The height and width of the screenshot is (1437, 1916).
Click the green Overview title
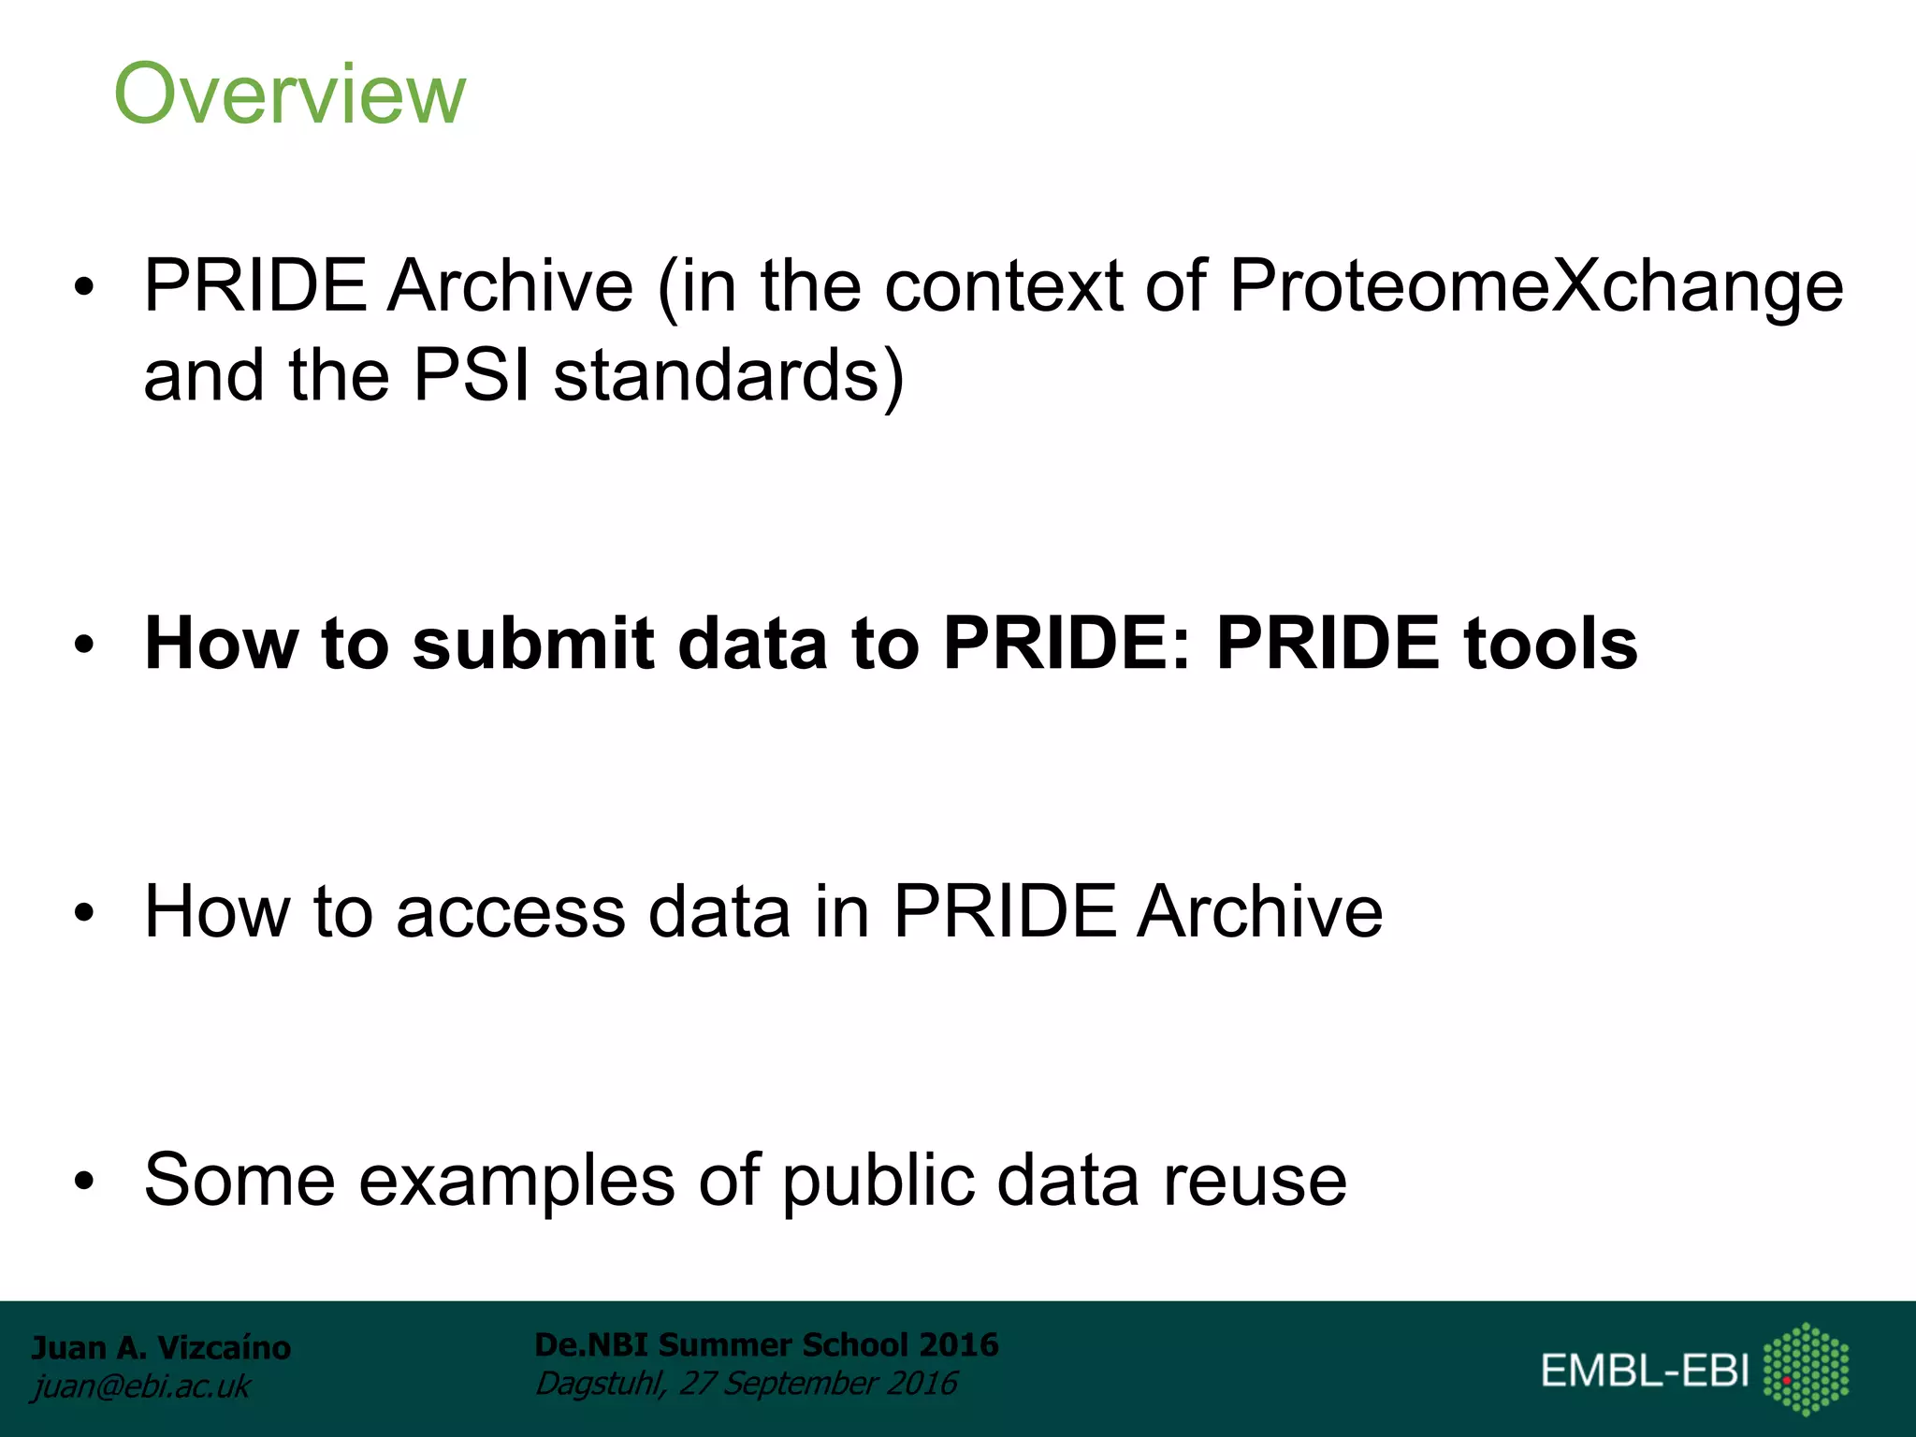point(289,94)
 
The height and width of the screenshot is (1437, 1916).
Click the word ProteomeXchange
point(1535,286)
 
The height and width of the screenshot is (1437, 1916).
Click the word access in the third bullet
point(510,912)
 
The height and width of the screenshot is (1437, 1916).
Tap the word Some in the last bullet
point(239,1180)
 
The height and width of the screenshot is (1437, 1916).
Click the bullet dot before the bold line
point(85,646)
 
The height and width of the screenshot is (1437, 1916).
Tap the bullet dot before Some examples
point(85,1182)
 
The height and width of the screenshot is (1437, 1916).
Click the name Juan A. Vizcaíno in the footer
point(161,1348)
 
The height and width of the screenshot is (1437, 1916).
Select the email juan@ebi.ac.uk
point(141,1386)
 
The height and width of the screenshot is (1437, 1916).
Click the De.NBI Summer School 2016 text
point(766,1345)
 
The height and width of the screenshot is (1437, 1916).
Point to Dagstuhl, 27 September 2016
point(746,1384)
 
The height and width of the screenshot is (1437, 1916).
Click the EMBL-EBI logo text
point(1645,1371)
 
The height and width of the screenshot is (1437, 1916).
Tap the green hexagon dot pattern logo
point(1806,1369)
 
